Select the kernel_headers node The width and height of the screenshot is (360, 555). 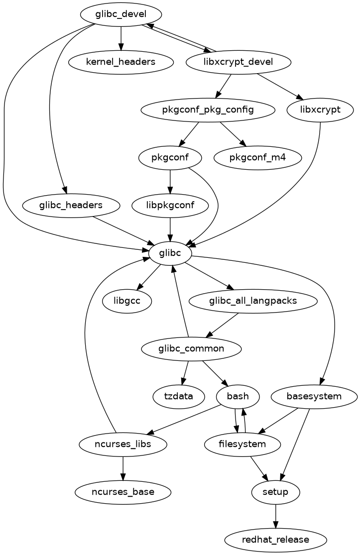tap(120, 62)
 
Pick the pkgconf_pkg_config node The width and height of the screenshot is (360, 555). tap(208, 110)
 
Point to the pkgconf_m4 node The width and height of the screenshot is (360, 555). tap(258, 158)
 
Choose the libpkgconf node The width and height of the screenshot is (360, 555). tap(170, 206)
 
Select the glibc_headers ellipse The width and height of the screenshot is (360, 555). tap(71, 206)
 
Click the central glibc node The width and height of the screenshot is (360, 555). tap(170, 253)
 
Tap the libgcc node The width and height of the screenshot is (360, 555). tap(126, 301)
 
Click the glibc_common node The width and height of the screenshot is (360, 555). tap(192, 349)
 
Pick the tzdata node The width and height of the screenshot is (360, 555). tap(179, 397)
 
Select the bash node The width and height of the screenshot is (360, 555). tap(238, 397)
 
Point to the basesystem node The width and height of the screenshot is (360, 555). tap(314, 397)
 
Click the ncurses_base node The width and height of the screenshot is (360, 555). tap(123, 492)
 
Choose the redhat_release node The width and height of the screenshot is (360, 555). tap(276, 540)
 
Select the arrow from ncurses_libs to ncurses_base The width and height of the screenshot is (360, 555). tap(123, 468)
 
